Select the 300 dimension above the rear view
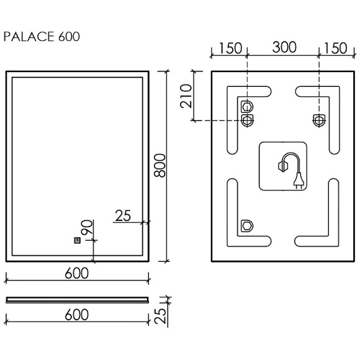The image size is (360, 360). pos(282,48)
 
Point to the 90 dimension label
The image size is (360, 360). pos(88,228)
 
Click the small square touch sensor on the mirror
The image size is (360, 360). pos(78,240)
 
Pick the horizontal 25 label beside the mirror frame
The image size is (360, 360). pos(123,215)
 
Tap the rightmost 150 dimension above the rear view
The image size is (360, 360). pos(336,48)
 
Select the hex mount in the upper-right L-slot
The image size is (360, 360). pos(319,119)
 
